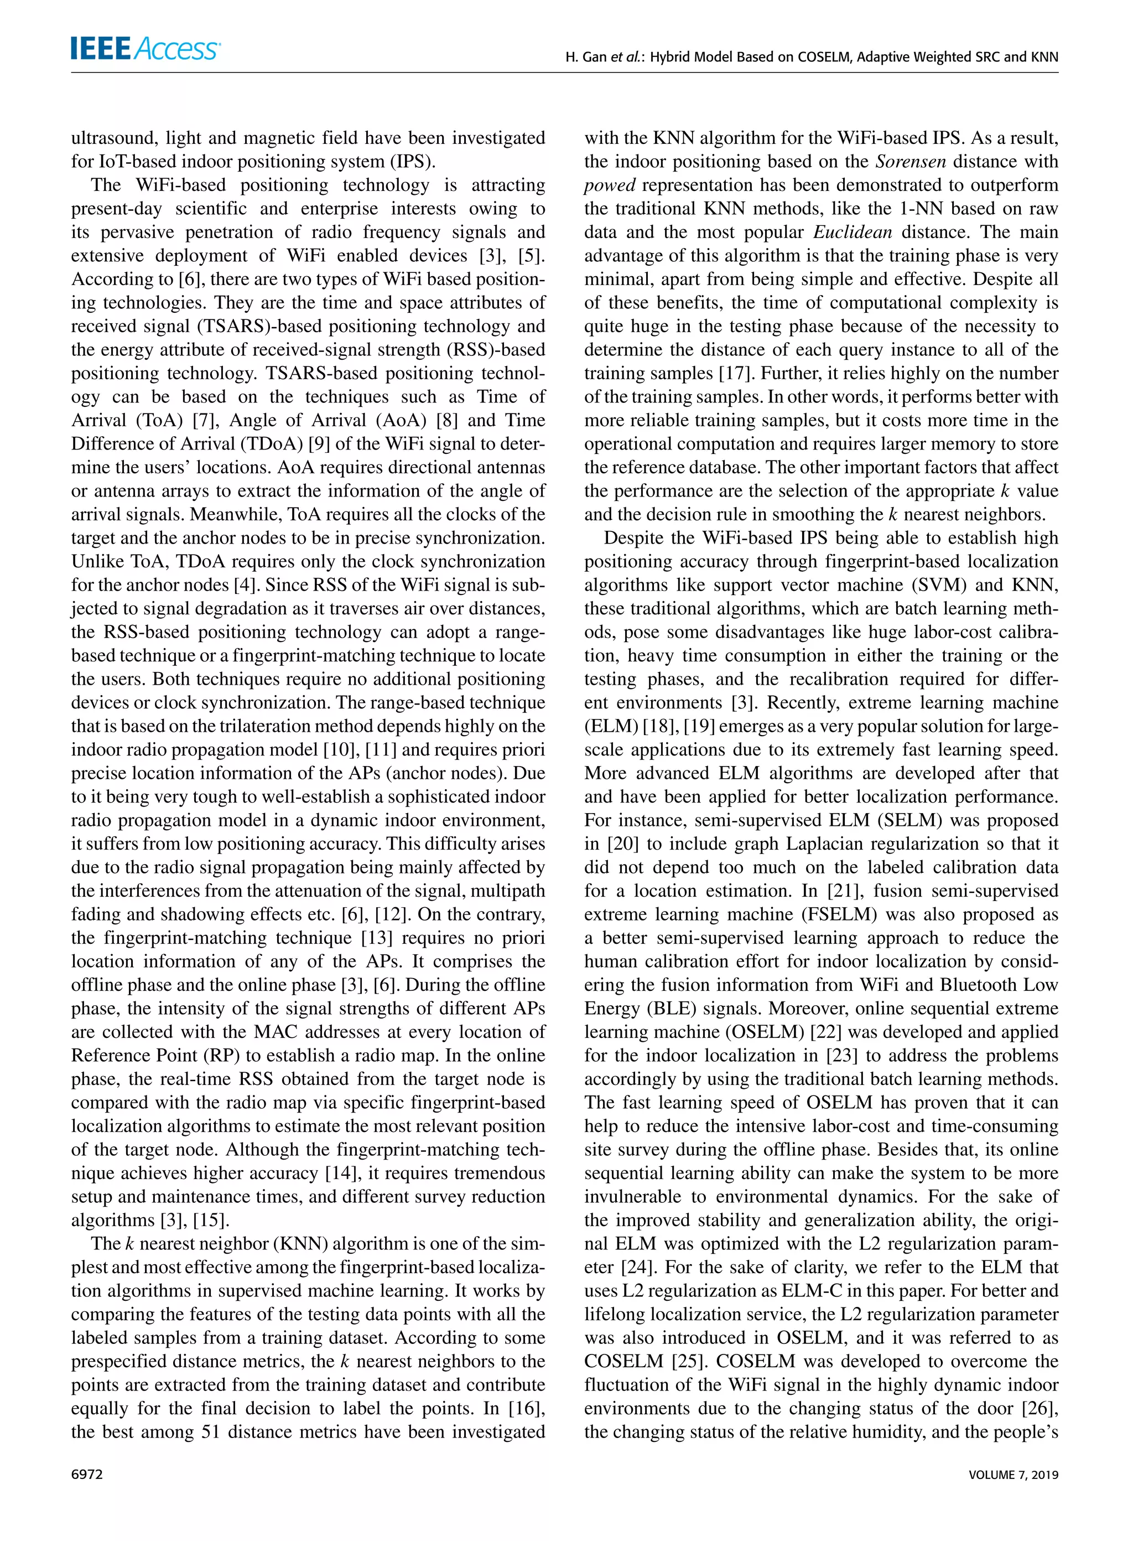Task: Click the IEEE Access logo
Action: (145, 49)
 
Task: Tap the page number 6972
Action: (86, 1475)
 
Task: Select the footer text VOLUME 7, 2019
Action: (1013, 1475)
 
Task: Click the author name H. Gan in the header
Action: (586, 58)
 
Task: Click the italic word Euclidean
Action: (853, 232)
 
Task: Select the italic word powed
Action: (610, 186)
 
